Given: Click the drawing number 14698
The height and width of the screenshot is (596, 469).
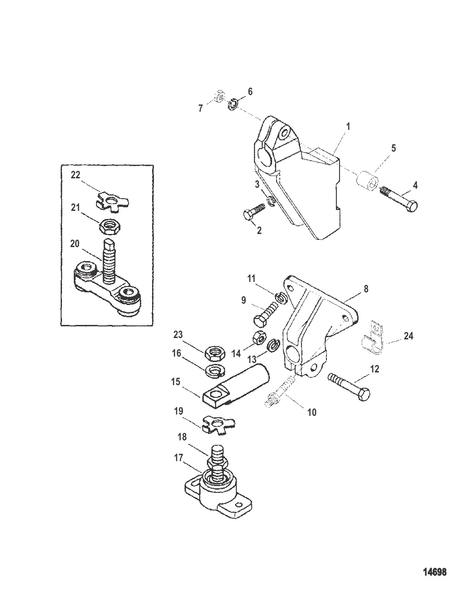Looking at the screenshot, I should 435,572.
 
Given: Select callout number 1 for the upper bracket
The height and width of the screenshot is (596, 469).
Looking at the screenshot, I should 348,127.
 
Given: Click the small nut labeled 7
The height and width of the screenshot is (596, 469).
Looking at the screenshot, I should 218,97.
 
